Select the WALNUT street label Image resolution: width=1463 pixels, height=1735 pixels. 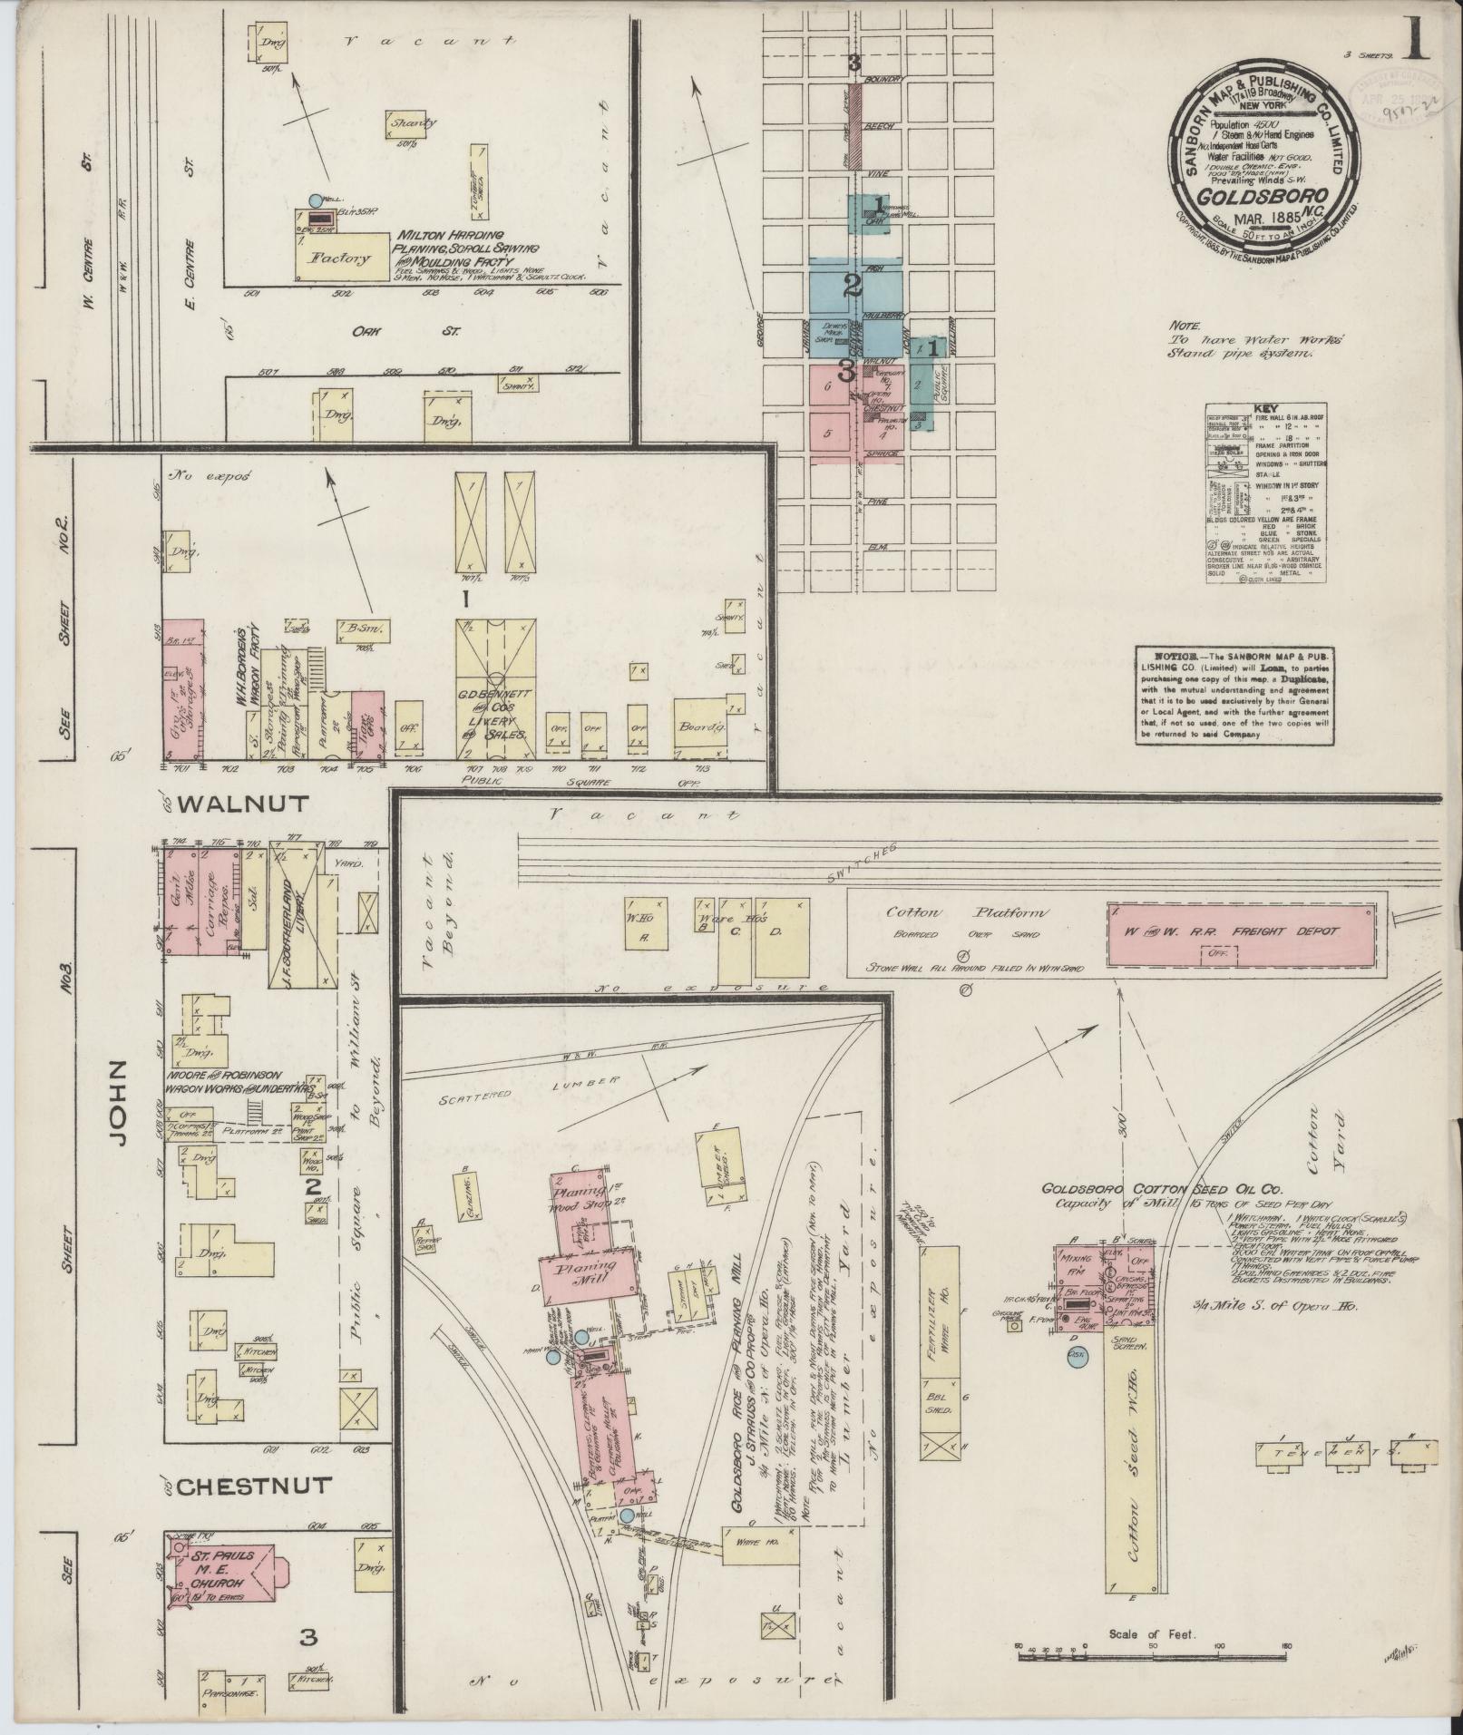(x=244, y=803)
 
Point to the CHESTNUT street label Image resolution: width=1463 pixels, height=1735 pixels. (x=255, y=1486)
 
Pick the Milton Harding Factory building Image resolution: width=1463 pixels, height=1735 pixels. (x=340, y=257)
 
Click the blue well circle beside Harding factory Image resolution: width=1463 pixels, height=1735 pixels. (x=315, y=200)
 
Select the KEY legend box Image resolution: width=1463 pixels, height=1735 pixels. (x=1264, y=494)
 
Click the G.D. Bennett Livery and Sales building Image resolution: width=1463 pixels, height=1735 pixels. (x=495, y=689)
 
